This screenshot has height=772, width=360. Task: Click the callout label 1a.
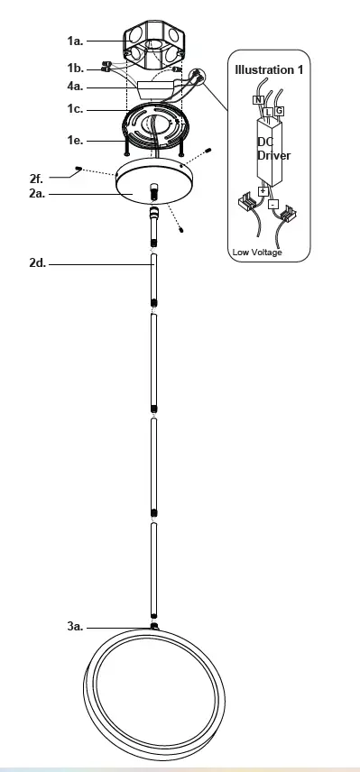(x=76, y=41)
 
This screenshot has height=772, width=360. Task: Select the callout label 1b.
(x=76, y=69)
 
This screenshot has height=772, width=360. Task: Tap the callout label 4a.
(x=76, y=87)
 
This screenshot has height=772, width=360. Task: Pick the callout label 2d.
(x=38, y=264)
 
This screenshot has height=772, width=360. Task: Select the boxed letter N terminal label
(x=258, y=99)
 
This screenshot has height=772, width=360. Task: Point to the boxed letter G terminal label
(x=280, y=111)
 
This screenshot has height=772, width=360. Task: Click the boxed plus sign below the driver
(x=263, y=191)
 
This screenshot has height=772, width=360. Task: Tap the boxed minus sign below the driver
(x=272, y=204)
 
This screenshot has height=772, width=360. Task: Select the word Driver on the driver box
(x=274, y=155)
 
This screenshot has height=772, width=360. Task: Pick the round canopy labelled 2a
(x=152, y=183)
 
